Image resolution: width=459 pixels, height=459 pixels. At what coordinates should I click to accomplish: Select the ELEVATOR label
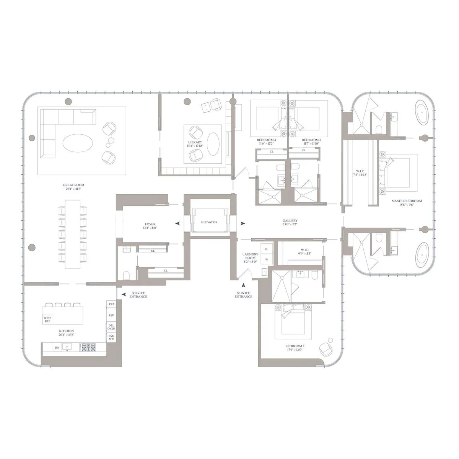click(209, 222)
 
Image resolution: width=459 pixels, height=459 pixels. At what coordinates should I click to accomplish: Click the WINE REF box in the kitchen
click(47, 319)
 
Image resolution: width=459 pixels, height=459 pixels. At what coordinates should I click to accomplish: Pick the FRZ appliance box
click(111, 304)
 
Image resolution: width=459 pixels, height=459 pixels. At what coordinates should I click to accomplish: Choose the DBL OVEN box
click(111, 327)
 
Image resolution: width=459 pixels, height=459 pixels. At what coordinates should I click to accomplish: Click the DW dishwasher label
click(57, 347)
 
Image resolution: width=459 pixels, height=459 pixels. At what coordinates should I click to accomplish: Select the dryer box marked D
click(267, 249)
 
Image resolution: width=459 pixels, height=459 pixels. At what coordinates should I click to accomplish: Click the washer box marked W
click(267, 260)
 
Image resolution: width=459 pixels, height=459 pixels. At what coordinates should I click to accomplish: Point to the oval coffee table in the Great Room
click(78, 143)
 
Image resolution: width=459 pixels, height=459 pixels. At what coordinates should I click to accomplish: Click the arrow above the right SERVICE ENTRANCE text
click(243, 285)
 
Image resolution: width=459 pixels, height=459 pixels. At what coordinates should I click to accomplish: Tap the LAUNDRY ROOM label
click(250, 256)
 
